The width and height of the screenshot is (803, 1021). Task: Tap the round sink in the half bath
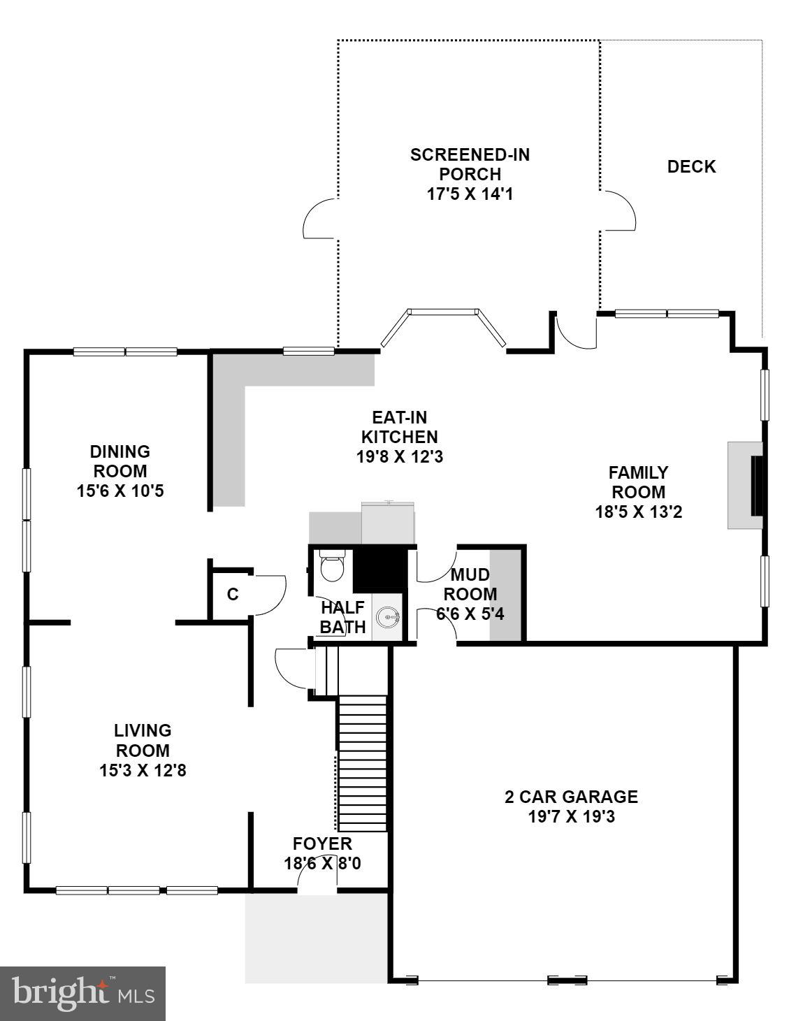(x=388, y=618)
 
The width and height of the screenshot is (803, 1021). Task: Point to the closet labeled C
(x=233, y=595)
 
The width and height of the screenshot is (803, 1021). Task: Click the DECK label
(x=691, y=167)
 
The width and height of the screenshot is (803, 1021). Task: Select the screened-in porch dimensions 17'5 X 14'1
(x=470, y=194)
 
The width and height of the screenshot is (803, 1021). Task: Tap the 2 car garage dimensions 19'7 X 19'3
(x=571, y=816)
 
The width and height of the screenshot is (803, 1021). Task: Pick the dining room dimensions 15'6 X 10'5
(x=120, y=491)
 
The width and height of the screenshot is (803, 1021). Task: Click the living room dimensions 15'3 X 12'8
(x=143, y=770)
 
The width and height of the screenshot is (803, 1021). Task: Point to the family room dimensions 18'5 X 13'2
(x=638, y=512)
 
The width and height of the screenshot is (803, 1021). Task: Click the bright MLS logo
(x=82, y=993)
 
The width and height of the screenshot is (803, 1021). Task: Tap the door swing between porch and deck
(x=618, y=210)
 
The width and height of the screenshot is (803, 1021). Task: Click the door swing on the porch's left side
(x=320, y=218)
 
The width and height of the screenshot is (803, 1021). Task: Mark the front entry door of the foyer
(x=317, y=882)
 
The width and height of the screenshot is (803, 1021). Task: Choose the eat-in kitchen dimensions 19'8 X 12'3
(x=399, y=457)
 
